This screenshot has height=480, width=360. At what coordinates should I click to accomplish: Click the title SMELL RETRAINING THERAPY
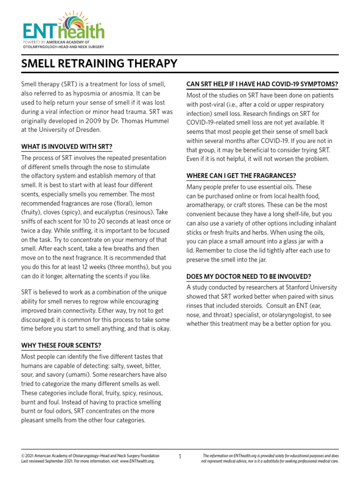tap(99, 63)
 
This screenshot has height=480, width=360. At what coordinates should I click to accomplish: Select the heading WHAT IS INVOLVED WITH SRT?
tap(67, 147)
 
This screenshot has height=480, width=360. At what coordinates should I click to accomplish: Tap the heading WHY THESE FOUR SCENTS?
tap(61, 345)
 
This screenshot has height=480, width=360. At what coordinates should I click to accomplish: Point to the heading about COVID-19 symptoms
tap(262, 84)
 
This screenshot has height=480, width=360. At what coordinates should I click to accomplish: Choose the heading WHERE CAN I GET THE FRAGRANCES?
tap(241, 176)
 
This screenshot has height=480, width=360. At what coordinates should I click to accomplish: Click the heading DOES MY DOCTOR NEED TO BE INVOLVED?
tap(249, 277)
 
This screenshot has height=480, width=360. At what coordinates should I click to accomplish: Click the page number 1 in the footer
tap(180, 456)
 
